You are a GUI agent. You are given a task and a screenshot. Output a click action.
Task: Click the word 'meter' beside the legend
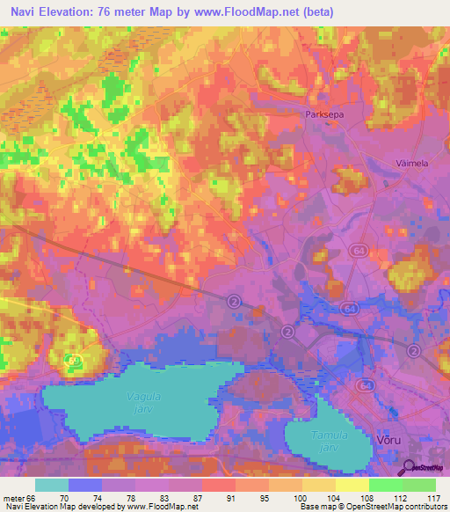click(x=13, y=497)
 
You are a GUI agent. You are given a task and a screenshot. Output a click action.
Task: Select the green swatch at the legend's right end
click(x=418, y=485)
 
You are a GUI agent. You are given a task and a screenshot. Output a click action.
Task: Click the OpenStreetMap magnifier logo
click(x=410, y=469)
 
